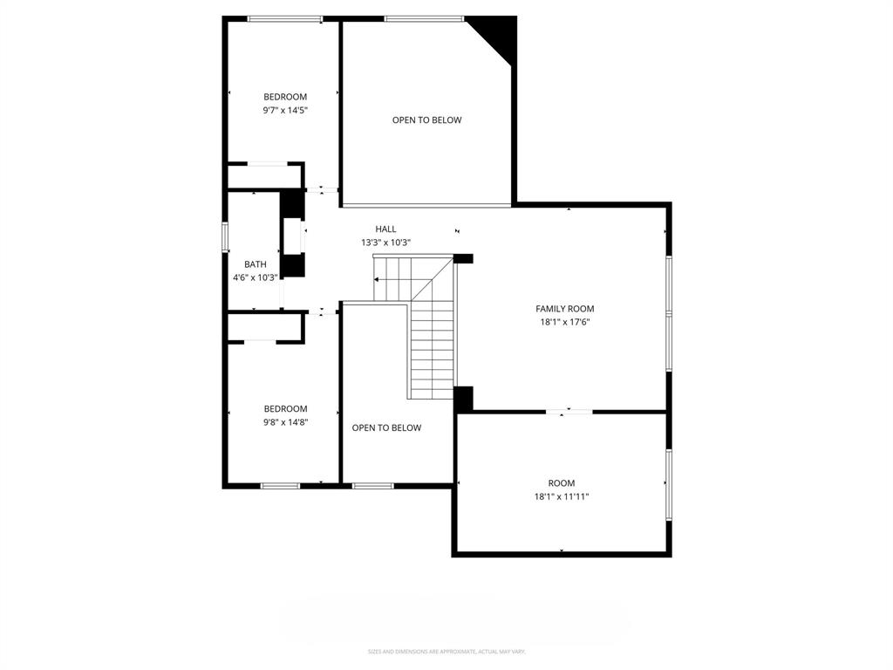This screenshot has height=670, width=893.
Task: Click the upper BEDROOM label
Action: click(x=285, y=97)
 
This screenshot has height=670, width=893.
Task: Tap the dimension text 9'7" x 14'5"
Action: click(x=285, y=111)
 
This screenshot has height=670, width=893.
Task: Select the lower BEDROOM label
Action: click(x=285, y=409)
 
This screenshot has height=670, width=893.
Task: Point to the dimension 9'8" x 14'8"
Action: click(x=285, y=422)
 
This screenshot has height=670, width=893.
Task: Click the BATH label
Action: click(x=256, y=264)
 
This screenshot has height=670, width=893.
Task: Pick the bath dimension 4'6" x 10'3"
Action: click(x=255, y=277)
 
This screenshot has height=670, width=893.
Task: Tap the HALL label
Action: click(x=385, y=229)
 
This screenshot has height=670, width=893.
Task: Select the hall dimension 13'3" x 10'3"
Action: click(x=385, y=243)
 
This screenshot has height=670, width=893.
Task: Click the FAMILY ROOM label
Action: click(x=564, y=309)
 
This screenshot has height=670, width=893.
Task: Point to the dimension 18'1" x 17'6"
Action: click(x=564, y=322)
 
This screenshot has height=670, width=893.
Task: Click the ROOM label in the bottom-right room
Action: click(x=562, y=483)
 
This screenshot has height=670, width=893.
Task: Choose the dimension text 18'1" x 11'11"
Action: click(x=562, y=496)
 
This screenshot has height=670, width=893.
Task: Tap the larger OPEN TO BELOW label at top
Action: click(x=426, y=120)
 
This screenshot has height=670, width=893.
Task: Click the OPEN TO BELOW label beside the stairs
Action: click(x=386, y=428)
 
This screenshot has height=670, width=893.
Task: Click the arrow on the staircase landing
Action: click(x=378, y=280)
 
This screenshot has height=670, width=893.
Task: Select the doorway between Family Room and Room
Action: click(x=569, y=411)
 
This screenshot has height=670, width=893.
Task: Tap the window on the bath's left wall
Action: click(x=225, y=236)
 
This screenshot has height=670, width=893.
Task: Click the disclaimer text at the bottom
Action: click(x=446, y=652)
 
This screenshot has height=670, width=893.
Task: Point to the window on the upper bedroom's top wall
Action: click(x=285, y=18)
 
